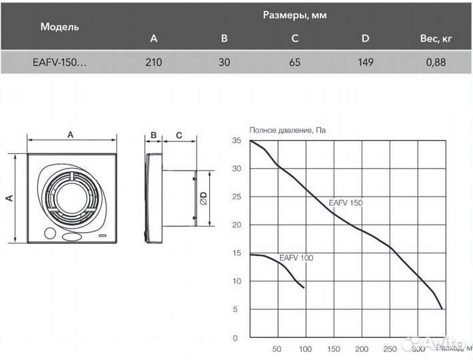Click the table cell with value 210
click(153, 63)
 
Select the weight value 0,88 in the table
click(436, 63)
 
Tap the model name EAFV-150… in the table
click(59, 63)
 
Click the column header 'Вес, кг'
click(436, 39)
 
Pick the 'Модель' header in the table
click(59, 27)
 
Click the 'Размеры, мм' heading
click(294, 14)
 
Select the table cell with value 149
click(365, 63)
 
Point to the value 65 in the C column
click(294, 63)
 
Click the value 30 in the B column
click(224, 63)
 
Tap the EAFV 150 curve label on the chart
click(346, 203)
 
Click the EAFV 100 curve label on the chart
click(296, 257)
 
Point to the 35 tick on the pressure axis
click(236, 141)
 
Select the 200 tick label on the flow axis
click(362, 349)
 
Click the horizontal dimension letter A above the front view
click(71, 135)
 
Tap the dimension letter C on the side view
click(179, 135)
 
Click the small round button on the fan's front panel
click(49, 234)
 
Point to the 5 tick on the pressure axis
click(235, 309)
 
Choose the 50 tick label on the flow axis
click(276, 349)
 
